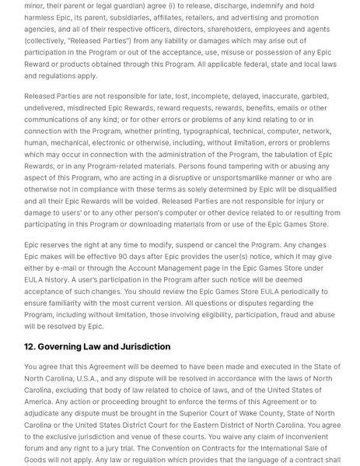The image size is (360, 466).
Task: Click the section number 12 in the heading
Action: tap(30, 347)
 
